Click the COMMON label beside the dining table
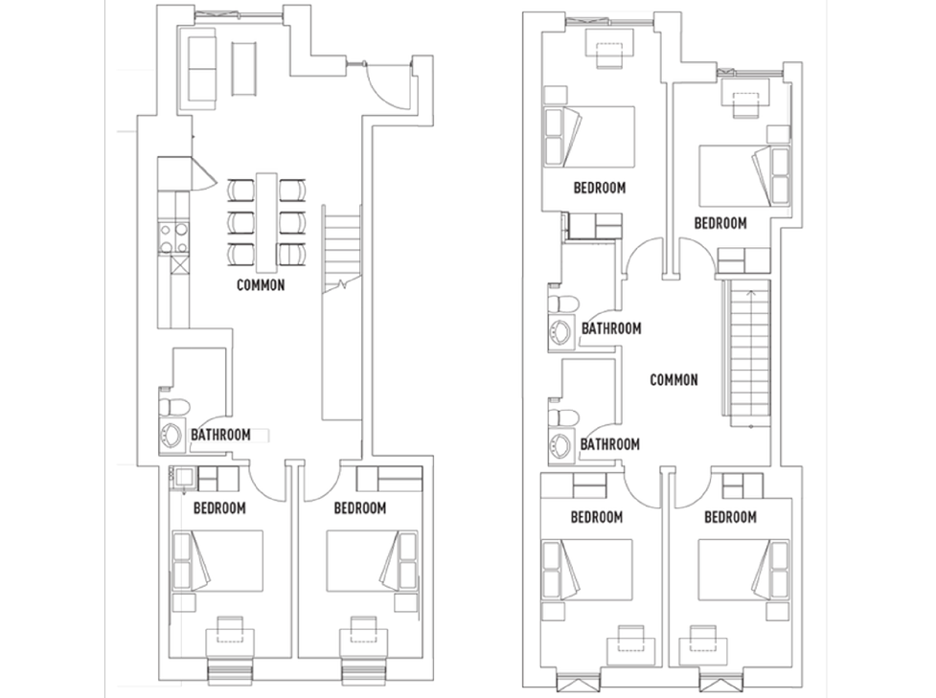[261, 285]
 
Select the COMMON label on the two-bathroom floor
[673, 380]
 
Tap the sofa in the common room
[202, 69]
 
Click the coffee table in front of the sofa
[244, 69]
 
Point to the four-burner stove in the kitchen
[173, 236]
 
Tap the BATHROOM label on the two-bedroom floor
[221, 435]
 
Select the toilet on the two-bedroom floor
[173, 407]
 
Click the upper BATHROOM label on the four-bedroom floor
[611, 328]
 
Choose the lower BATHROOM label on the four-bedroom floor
[610, 444]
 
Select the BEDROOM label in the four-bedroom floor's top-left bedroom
[600, 188]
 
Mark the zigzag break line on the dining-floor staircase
[342, 284]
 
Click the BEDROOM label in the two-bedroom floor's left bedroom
[219, 508]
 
